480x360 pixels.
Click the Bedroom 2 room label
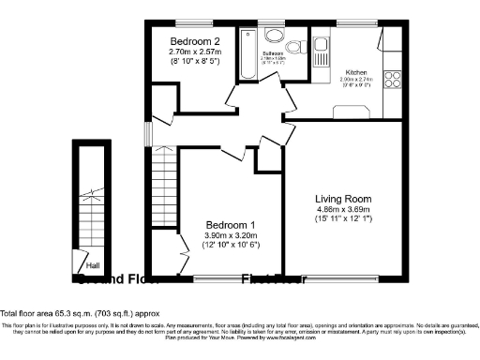coord(196,41)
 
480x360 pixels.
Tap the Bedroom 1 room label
coord(232,225)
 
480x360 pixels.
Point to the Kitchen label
coord(355,72)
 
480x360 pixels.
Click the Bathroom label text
coord(273,54)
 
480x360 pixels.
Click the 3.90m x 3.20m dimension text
coord(232,235)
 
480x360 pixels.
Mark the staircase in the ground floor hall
coord(91,202)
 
